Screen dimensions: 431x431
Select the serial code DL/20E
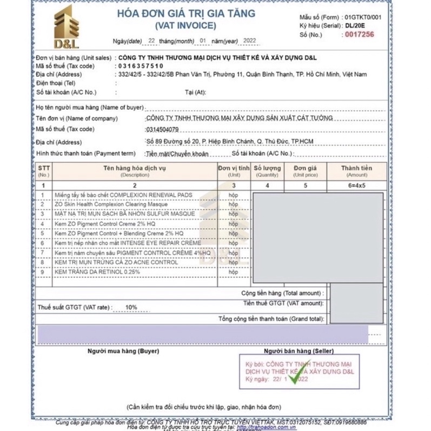[x=356, y=25]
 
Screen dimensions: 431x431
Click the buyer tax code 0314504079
[x=162, y=129]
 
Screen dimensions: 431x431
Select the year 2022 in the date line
[x=250, y=41]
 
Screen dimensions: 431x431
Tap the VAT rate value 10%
[x=131, y=307]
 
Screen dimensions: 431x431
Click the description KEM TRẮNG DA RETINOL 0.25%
[x=97, y=272]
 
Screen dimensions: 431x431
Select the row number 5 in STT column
[x=43, y=233]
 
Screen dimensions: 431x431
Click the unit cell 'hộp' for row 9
[x=233, y=272]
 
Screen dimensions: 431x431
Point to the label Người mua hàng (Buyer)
[x=123, y=351]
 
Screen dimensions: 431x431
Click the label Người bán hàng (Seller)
[x=295, y=351]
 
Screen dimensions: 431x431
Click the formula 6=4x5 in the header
[x=356, y=185]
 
